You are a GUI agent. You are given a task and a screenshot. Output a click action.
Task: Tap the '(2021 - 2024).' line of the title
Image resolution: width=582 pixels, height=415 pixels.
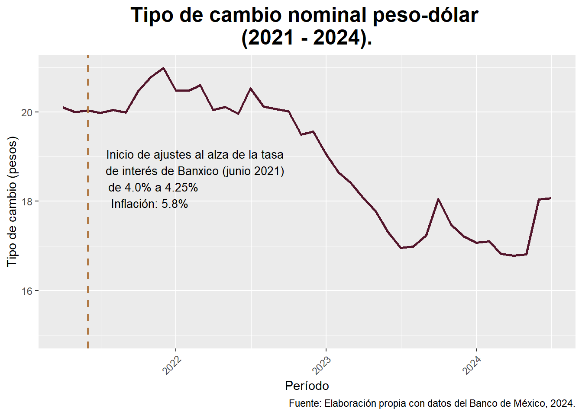[x=307, y=38]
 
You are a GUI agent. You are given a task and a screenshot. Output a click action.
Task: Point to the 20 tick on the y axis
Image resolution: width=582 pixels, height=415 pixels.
[x=27, y=112]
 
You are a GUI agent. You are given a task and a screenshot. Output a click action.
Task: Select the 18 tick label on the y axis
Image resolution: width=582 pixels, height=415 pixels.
[x=27, y=201]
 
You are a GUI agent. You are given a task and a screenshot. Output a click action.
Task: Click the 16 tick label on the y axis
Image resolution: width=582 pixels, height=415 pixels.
[x=27, y=291]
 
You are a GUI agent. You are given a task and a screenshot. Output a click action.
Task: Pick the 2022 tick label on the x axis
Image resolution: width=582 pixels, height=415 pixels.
[x=172, y=365]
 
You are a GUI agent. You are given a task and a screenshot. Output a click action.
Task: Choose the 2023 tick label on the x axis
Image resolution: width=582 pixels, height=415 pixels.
[x=322, y=365]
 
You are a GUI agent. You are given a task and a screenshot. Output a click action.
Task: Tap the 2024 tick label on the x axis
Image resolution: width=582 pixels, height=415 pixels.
[x=472, y=365]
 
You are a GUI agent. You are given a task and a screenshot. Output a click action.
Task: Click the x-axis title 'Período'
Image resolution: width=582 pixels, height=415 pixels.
[x=307, y=386]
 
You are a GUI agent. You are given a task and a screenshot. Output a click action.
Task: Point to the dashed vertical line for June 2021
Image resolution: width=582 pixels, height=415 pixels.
[x=88, y=259]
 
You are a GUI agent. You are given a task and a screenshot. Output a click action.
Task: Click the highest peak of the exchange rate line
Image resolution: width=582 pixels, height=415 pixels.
[x=163, y=68]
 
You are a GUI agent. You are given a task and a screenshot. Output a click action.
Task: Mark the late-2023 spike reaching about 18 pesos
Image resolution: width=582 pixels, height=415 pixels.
[x=438, y=199]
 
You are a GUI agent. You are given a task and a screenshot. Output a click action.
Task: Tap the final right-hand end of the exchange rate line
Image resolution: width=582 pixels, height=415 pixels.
[x=550, y=198]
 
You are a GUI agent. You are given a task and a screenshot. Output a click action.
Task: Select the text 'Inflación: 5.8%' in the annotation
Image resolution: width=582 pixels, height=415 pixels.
[x=149, y=204]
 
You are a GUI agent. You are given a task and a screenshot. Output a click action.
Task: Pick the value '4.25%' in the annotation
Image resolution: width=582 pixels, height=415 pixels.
[x=181, y=188]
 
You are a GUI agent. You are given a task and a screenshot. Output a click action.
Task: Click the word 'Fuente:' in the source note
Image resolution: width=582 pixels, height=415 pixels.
[x=305, y=403]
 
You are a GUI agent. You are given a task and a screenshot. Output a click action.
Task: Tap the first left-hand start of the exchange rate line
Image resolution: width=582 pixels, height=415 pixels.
[x=64, y=107]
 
